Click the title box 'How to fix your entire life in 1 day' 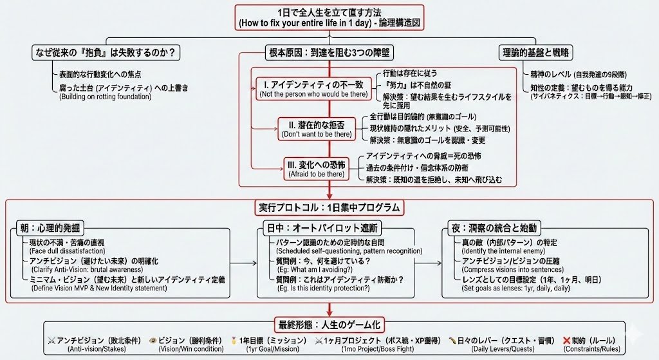(329, 17)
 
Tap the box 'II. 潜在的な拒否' (315, 128)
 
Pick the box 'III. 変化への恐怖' (320, 168)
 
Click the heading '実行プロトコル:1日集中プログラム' (329, 207)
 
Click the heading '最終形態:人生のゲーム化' (329, 327)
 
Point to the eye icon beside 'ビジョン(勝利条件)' (153, 340)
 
